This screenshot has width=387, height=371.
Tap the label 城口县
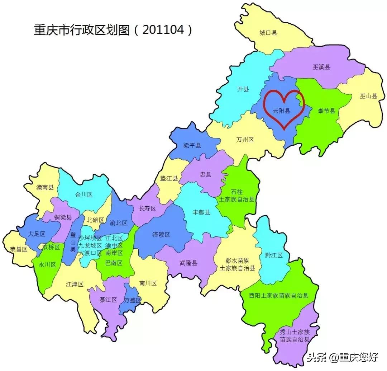click(x=268, y=33)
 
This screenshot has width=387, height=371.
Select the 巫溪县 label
click(x=321, y=67)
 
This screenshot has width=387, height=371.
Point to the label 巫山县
click(x=368, y=96)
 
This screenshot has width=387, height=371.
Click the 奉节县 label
click(x=326, y=111)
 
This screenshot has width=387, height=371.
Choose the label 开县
click(x=243, y=89)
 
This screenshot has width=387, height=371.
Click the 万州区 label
click(x=245, y=140)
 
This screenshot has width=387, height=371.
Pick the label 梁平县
click(x=192, y=145)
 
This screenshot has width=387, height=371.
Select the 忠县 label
click(x=206, y=175)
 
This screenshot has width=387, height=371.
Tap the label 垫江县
click(x=169, y=178)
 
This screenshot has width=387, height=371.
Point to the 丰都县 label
click(x=201, y=212)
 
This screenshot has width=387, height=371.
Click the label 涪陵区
click(x=161, y=235)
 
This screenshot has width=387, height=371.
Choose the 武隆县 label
click(x=188, y=263)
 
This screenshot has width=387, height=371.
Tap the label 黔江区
click(x=274, y=255)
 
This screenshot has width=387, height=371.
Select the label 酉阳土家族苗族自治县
click(x=279, y=296)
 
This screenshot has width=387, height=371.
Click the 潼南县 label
click(x=45, y=187)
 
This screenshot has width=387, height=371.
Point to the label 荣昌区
click(x=19, y=250)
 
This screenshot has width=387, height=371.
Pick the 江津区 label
click(x=75, y=284)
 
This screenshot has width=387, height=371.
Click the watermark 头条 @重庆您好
click(x=342, y=357)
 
